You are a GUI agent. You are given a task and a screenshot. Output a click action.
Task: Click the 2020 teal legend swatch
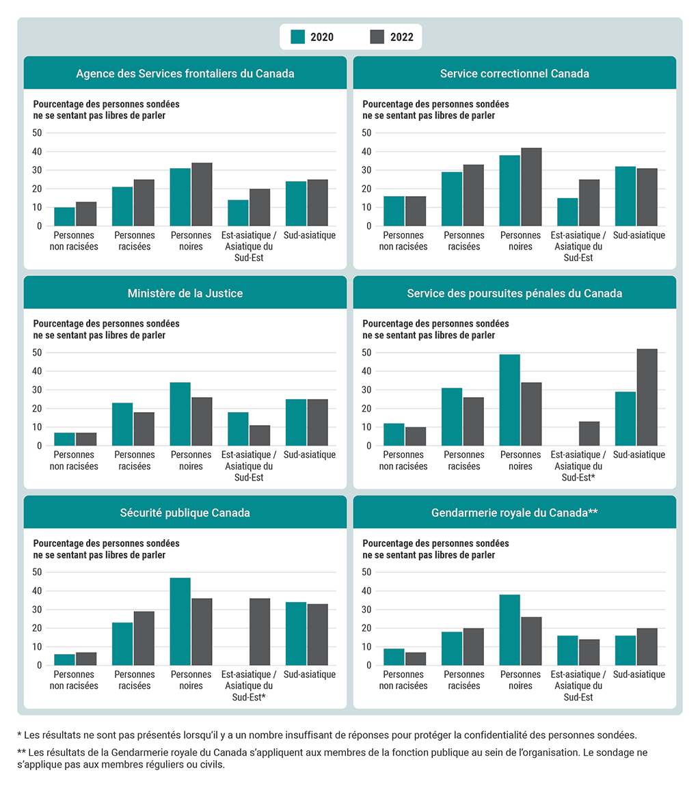tap(297, 37)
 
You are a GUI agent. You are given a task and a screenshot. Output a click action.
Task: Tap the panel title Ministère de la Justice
tap(185, 293)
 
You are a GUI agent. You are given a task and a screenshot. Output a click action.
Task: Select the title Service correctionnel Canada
tap(514, 73)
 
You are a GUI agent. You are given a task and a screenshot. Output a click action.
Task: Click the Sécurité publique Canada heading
tap(185, 513)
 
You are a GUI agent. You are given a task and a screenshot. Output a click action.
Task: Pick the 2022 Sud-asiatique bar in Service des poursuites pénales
tap(647, 397)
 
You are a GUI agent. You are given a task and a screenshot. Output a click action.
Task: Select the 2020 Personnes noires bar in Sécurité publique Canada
tap(180, 621)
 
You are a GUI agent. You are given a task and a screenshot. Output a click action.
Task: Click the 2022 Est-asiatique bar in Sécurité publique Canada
tap(260, 631)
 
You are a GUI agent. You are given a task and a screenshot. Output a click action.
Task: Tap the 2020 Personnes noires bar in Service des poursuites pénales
tap(509, 400)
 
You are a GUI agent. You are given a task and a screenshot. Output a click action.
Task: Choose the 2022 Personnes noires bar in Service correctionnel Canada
tap(531, 187)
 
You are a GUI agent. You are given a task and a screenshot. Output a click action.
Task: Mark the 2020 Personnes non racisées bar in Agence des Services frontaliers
tap(65, 216)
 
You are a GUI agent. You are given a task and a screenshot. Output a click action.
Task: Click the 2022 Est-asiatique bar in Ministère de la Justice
tap(260, 435)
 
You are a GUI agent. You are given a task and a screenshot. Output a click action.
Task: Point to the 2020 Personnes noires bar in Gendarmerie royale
tap(509, 629)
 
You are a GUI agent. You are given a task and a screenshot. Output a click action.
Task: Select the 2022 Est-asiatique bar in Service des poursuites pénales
tap(589, 433)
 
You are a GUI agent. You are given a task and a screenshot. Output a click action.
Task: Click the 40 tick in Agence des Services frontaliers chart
tap(37, 151)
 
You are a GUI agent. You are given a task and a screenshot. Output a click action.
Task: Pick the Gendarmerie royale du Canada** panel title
tap(515, 513)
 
